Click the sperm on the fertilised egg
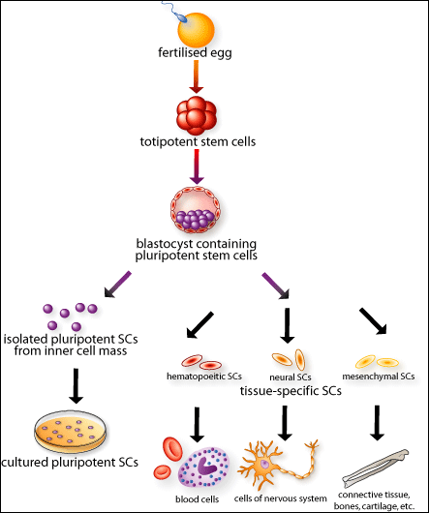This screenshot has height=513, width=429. [176, 13]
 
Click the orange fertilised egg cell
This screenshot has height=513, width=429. [196, 30]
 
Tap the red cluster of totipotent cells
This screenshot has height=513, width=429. [197, 115]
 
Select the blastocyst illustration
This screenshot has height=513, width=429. [196, 210]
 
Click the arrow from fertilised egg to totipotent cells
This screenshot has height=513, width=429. [196, 76]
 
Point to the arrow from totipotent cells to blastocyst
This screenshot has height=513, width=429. [197, 166]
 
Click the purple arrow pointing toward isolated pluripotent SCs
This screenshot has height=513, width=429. [118, 284]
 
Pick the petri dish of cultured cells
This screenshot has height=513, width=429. [71, 432]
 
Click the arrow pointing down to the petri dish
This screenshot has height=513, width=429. [76, 386]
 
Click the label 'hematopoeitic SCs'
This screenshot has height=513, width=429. [204, 377]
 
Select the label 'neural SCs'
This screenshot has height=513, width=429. [291, 377]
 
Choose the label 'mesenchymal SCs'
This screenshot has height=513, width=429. [379, 377]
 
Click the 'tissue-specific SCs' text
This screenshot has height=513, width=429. [291, 391]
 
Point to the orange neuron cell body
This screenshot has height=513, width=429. [264, 465]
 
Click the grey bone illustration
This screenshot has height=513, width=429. [376, 468]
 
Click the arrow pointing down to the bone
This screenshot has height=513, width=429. [377, 423]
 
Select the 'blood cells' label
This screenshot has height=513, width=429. [197, 499]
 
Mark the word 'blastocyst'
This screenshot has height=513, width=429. [164, 244]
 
